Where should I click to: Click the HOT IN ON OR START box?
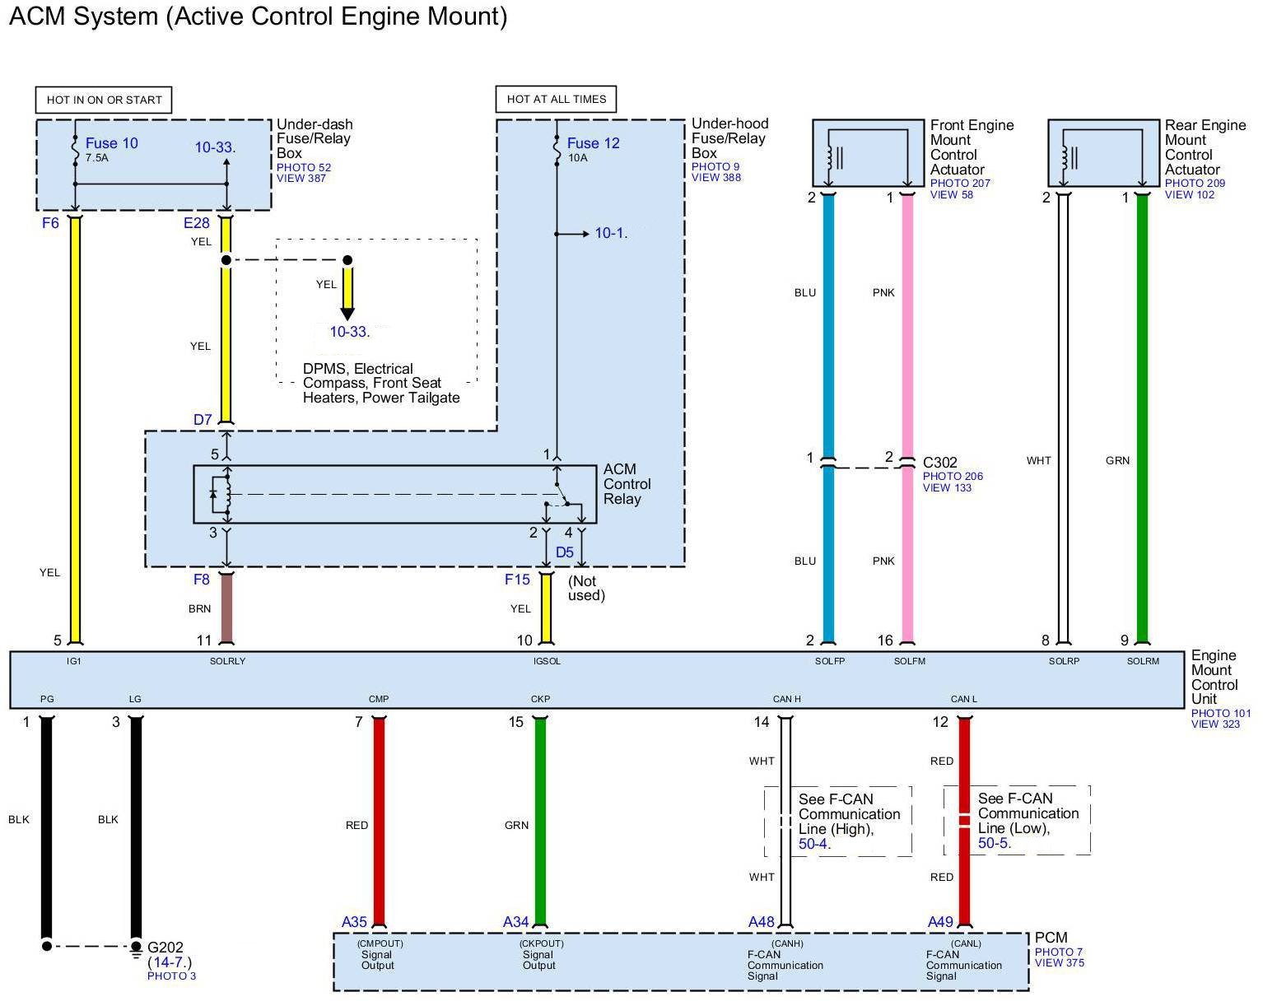coord(104,100)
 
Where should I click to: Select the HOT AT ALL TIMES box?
coord(556,99)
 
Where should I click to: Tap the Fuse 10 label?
coord(111,143)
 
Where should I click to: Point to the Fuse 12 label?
coord(593,143)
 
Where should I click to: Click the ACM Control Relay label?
coord(627,484)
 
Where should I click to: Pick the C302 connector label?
coord(939,463)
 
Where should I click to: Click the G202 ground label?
coord(165,948)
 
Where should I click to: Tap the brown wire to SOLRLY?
coord(226,608)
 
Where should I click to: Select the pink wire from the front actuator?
coord(907,418)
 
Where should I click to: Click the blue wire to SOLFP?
coord(828,418)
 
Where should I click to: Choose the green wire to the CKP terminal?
coord(540,822)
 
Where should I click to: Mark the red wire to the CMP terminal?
coord(379,822)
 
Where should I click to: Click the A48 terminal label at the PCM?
coord(762,922)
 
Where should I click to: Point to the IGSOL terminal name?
coord(547,661)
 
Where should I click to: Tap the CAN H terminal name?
coord(786,699)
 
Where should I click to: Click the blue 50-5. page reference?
coord(995,843)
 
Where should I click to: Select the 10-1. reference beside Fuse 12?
coord(611,233)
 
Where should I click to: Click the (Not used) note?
coord(585,588)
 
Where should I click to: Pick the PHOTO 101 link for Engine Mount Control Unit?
coord(1221,713)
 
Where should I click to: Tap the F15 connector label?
coord(517,580)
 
